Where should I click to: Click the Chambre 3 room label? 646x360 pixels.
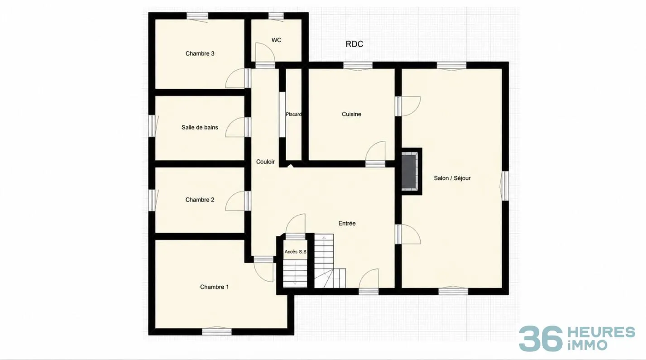(x=200, y=53)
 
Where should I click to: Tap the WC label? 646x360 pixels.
(x=276, y=40)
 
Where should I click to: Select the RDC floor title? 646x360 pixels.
(x=354, y=44)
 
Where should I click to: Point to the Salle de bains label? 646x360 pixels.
(x=200, y=128)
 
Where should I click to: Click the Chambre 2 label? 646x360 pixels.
(x=200, y=200)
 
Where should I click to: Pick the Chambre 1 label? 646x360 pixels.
(x=214, y=287)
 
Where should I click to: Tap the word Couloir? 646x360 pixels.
(x=265, y=162)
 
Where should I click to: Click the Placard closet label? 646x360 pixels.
(x=294, y=114)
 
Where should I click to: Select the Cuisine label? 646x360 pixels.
(x=351, y=114)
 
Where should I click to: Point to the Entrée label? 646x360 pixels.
(x=347, y=223)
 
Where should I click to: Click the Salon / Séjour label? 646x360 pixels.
(x=452, y=178)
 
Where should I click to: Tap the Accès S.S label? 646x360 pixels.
(x=295, y=252)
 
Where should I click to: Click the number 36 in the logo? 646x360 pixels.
(x=541, y=339)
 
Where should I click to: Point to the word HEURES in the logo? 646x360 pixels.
(x=601, y=332)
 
